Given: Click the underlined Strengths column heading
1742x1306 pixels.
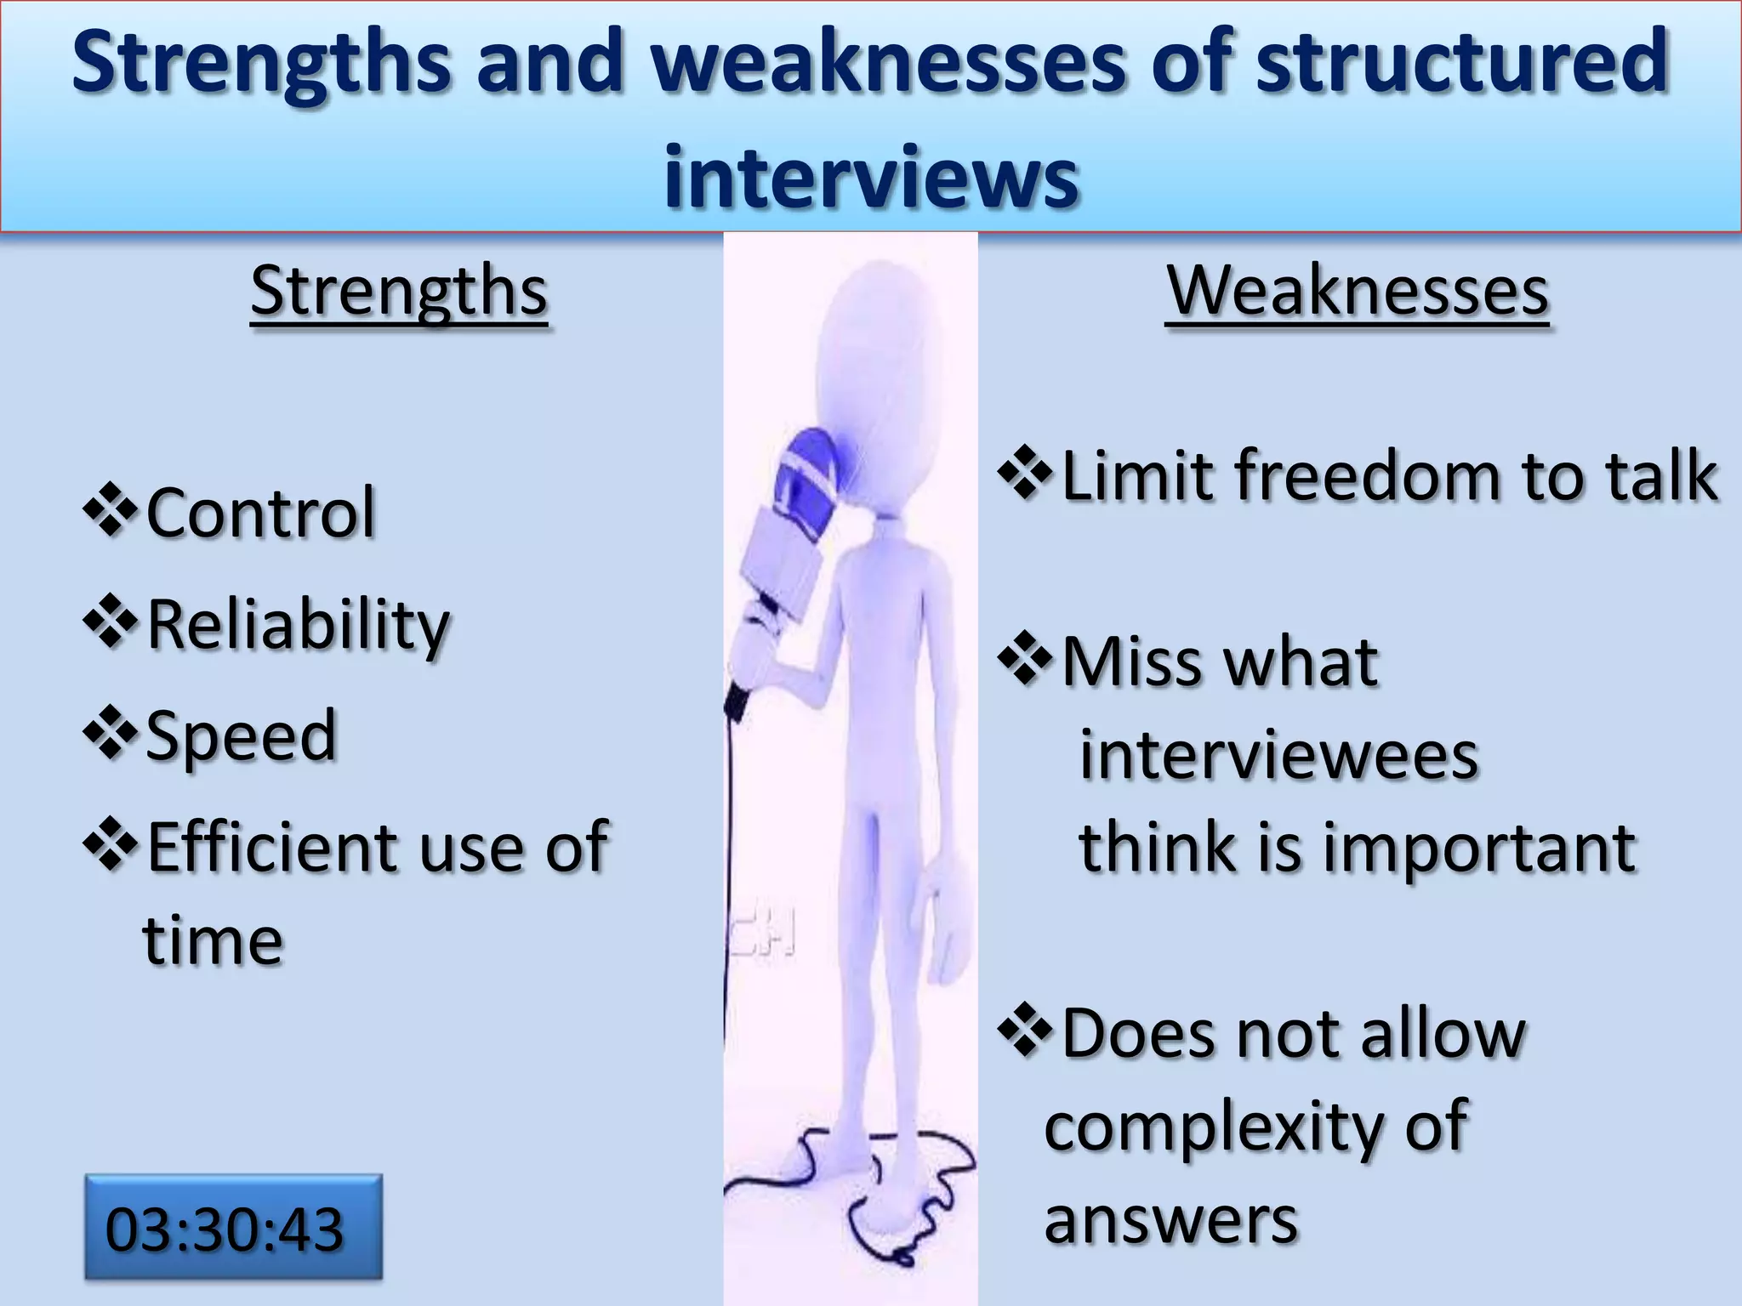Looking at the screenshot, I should point(399,292).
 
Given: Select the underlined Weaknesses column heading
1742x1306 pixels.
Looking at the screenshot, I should point(1357,292).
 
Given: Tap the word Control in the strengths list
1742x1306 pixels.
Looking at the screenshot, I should point(260,513).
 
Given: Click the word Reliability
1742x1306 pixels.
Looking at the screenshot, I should point(298,625).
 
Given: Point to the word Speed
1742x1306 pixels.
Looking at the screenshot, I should point(242,735).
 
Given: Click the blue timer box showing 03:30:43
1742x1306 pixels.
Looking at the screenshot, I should point(233,1227).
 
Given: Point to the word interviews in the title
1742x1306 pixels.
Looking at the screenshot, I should point(871,177).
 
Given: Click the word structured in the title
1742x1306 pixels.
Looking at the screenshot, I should point(1461,61).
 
